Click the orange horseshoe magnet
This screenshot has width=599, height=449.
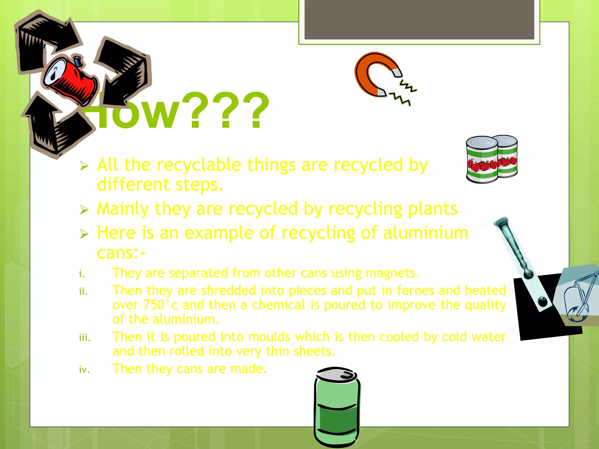369,73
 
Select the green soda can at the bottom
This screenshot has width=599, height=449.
337,409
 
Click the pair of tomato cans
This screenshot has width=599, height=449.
491,159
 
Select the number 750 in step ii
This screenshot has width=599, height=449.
154,305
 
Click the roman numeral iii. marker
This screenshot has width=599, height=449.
85,338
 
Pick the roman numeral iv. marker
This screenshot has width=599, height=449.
84,370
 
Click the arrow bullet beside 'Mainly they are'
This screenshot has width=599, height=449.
84,210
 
